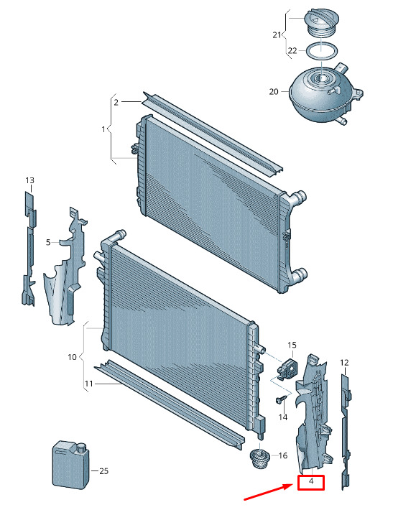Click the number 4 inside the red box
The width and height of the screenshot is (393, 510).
pyautogui.click(x=311, y=481)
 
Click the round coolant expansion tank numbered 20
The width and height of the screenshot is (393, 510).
pyautogui.click(x=325, y=93)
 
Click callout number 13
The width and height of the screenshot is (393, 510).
pyautogui.click(x=30, y=180)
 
